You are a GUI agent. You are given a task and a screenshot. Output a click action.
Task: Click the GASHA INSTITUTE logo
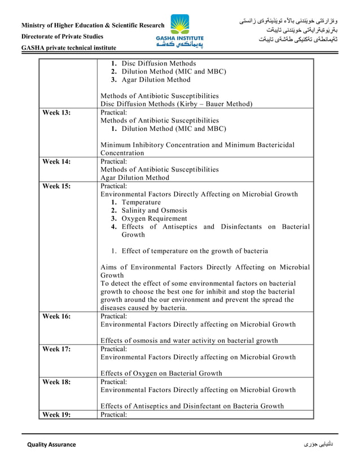180,32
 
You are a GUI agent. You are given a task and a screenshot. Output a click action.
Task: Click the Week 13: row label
57,113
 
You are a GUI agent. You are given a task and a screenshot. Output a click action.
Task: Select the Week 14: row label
57,161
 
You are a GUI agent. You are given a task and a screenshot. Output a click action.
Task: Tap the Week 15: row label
57,186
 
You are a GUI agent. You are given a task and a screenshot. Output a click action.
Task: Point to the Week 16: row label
57,316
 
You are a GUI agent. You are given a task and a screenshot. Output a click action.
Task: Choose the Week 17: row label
57,349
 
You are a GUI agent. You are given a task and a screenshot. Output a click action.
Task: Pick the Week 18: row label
57,382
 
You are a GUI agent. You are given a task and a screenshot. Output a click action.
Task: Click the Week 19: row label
57,415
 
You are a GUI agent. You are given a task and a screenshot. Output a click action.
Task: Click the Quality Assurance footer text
51,445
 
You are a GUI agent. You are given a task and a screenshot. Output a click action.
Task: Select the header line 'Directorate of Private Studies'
62,37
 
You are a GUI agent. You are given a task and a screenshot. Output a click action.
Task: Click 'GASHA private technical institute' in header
69,49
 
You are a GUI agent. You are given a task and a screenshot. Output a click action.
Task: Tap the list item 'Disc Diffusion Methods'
159,63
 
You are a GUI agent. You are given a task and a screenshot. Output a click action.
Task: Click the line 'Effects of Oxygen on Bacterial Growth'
161,373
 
